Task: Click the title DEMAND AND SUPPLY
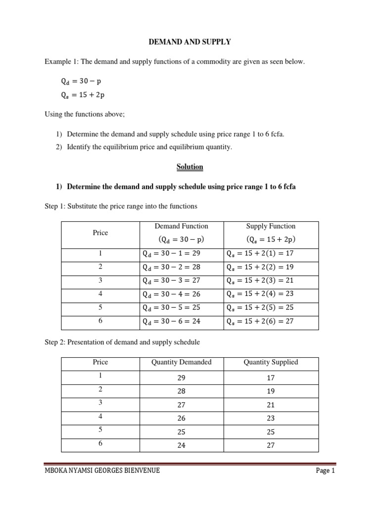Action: [x=190, y=42]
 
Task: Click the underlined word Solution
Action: [x=190, y=167]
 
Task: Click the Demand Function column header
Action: [x=182, y=226]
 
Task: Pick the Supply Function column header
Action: [x=271, y=226]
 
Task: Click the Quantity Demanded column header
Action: [x=182, y=362]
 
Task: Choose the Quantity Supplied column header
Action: [x=271, y=362]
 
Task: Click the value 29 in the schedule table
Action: [x=182, y=378]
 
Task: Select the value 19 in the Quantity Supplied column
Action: [x=271, y=391]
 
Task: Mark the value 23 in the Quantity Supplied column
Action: [x=271, y=418]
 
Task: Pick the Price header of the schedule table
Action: [x=100, y=362]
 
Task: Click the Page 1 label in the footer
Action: [x=326, y=471]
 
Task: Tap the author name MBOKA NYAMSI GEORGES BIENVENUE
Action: [x=102, y=471]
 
